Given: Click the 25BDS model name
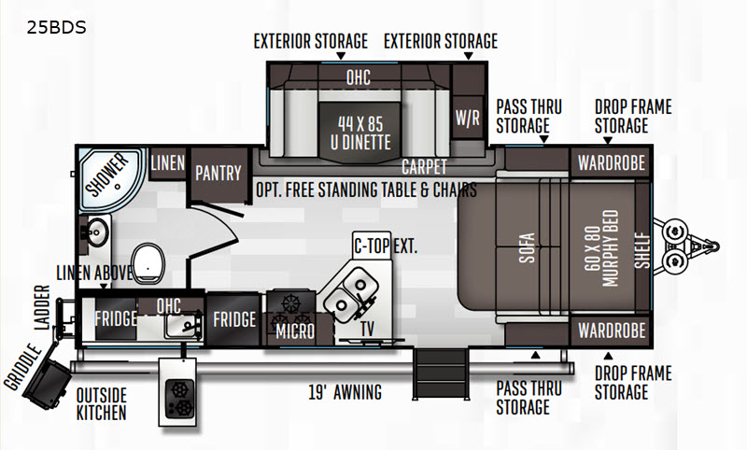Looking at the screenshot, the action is (56, 28).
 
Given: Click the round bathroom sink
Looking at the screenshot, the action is (98, 232).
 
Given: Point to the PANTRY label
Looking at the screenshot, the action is (218, 174).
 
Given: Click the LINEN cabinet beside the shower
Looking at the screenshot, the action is (167, 163).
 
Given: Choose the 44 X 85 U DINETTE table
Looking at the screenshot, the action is (360, 133).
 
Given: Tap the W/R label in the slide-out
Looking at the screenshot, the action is (468, 118).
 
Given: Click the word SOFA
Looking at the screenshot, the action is (527, 247).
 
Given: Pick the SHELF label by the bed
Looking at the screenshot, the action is (642, 249).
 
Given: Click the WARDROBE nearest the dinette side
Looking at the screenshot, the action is (612, 162).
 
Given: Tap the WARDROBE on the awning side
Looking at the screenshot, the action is (612, 330).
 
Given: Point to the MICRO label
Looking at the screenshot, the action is (295, 331).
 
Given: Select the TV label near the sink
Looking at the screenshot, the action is (367, 329).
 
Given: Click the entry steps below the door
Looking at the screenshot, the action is (441, 373).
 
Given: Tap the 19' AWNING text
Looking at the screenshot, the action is (345, 392).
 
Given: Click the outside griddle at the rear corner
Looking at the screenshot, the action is (46, 385).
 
